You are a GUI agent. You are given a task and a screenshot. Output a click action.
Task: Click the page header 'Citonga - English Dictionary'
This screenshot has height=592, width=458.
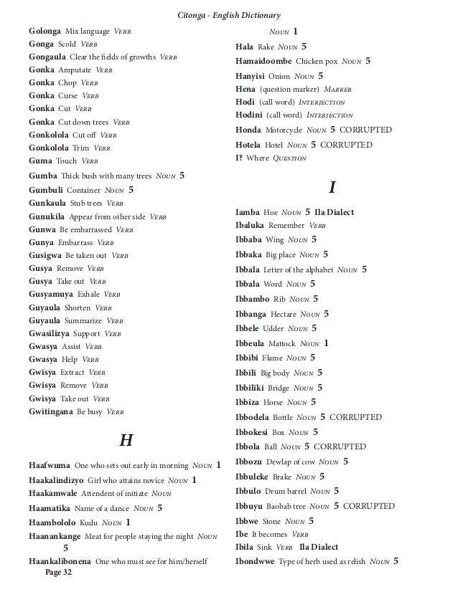click(228, 15)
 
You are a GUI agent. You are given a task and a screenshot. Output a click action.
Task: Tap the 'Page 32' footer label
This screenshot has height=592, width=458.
click(57, 573)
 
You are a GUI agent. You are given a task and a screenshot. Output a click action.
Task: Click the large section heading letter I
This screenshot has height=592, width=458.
click(332, 188)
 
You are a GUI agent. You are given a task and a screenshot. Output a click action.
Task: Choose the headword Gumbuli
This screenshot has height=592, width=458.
click(45, 191)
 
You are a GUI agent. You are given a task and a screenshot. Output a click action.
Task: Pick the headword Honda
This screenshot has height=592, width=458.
click(251, 130)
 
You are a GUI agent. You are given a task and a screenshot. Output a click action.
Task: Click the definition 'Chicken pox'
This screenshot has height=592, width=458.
click(319, 62)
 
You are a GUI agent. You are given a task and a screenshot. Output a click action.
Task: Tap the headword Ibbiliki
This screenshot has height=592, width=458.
click(252, 388)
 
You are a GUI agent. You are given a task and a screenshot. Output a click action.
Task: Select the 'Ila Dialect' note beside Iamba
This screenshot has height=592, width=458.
click(335, 213)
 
